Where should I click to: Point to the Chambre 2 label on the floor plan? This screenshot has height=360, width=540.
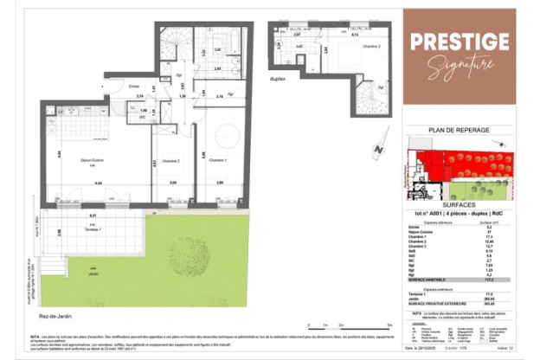tap(170, 161)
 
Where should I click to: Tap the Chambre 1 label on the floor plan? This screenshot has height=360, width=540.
tap(219, 161)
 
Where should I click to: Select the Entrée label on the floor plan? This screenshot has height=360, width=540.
tap(134, 86)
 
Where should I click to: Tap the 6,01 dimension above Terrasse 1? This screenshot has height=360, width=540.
tap(93, 215)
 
